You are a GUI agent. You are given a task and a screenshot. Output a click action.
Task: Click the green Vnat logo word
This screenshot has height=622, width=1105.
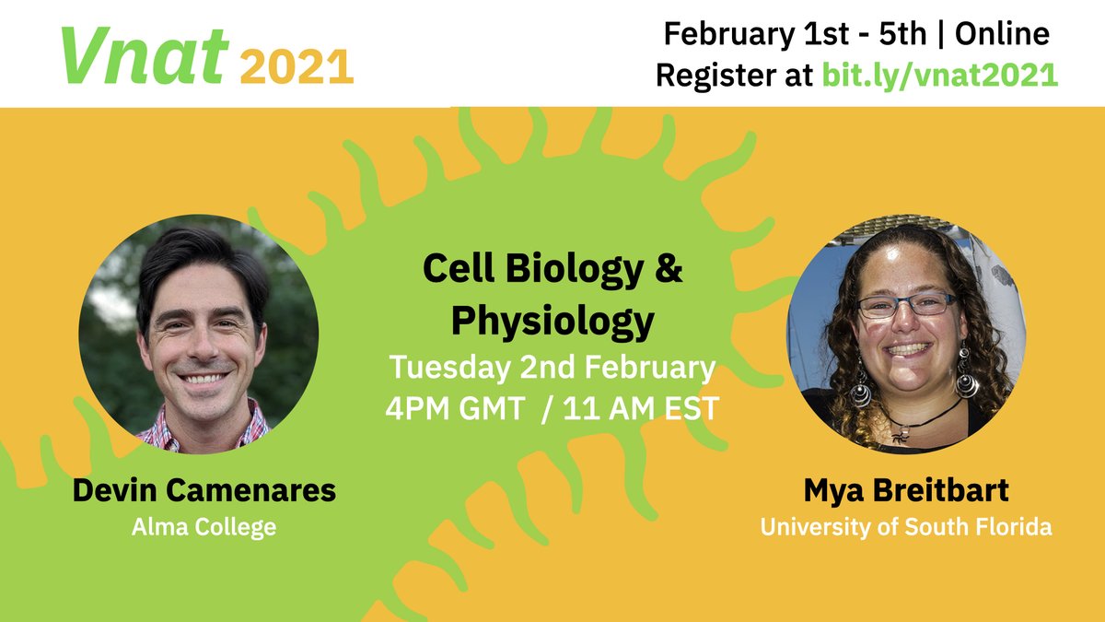144,56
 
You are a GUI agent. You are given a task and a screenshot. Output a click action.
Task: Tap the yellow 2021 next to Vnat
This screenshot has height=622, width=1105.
298,66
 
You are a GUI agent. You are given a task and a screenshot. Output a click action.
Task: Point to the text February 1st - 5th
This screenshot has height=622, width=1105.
793,35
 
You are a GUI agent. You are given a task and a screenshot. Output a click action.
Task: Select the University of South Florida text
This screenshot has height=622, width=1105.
905,528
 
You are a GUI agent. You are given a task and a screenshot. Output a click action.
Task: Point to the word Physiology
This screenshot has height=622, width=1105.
552,322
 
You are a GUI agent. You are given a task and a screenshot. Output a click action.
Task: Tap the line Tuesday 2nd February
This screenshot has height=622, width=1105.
552,368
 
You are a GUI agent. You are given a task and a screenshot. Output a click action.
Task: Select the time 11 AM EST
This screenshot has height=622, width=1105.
642,407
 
